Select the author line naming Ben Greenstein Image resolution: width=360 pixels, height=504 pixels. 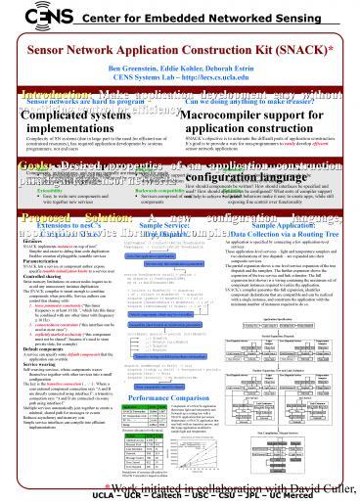click(181, 70)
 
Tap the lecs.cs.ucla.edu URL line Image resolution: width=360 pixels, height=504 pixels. click(181, 79)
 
